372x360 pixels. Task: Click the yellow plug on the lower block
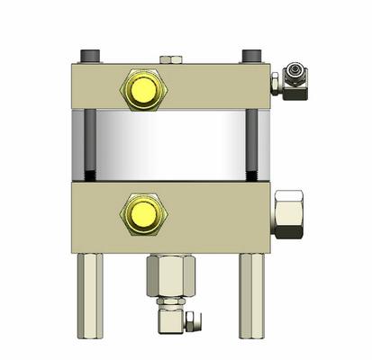coord(141,212)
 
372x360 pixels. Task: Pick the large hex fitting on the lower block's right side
coord(288,214)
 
